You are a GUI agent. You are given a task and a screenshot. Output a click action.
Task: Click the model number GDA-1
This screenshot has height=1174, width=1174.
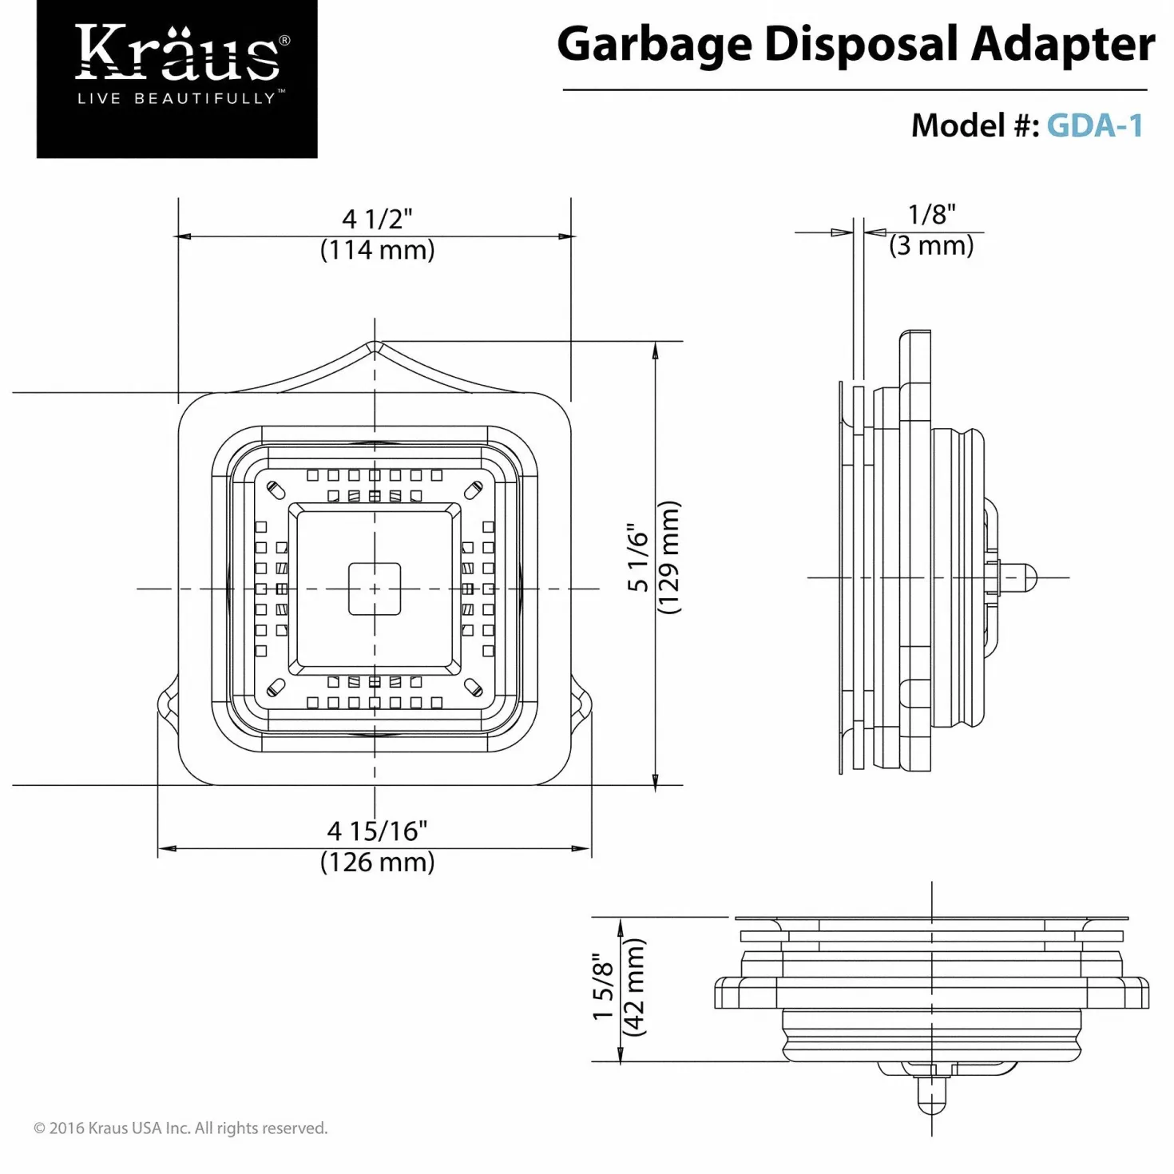click(x=1094, y=125)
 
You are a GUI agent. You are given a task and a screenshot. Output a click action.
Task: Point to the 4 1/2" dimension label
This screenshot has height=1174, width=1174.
click(x=377, y=218)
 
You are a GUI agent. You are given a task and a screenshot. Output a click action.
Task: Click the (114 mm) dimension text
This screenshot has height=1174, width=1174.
click(x=377, y=249)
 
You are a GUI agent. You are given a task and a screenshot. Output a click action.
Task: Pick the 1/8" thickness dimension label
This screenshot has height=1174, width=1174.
click(x=931, y=215)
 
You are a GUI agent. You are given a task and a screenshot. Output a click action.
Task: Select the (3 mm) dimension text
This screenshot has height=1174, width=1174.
click(x=931, y=245)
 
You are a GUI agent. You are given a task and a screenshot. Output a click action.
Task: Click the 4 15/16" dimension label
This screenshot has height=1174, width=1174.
click(x=377, y=831)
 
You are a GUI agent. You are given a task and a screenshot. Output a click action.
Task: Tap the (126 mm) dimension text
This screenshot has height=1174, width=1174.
click(x=377, y=862)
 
